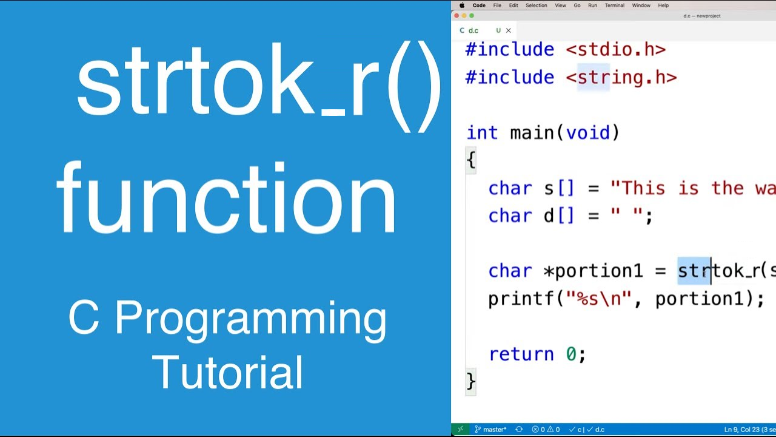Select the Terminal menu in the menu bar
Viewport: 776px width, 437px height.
[614, 5]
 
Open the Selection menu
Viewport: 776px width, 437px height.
[536, 5]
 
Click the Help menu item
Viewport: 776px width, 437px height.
[663, 5]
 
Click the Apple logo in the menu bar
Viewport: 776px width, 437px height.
[462, 5]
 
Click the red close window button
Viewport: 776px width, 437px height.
[457, 16]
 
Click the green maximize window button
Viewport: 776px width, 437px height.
[472, 16]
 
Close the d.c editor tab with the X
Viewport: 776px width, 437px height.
[508, 30]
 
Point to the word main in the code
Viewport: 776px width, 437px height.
[532, 133]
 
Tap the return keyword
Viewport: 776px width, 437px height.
[521, 354]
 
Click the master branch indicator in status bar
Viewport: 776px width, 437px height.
[490, 429]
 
